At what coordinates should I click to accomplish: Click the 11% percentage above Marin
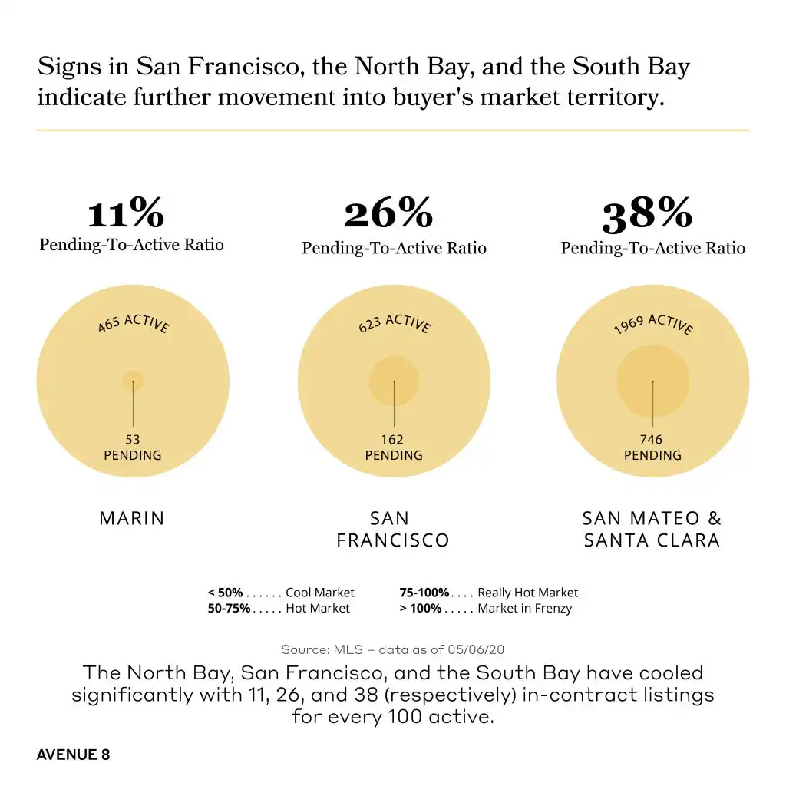point(125,213)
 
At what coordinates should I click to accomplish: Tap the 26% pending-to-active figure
point(388,213)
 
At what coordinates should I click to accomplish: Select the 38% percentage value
point(647,215)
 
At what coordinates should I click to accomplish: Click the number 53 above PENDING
point(133,440)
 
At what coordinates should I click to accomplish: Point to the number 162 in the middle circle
point(392,440)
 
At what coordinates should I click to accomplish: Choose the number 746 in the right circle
point(652,440)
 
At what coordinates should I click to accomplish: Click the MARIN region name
point(132,518)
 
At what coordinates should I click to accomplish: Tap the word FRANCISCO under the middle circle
point(393,540)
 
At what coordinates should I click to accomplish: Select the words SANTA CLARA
point(652,540)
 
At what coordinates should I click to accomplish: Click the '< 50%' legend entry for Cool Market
point(225,593)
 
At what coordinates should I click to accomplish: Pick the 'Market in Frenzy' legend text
point(524,609)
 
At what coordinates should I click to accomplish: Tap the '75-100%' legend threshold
point(424,593)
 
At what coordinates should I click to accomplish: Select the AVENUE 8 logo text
point(73,755)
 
